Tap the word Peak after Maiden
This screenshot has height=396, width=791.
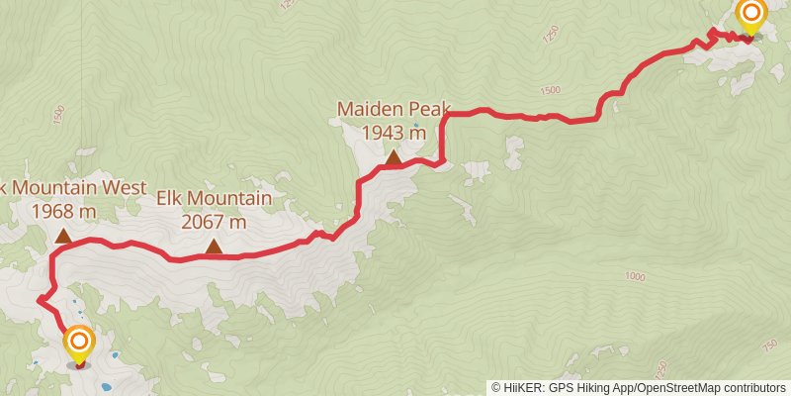pyautogui.click(x=422, y=108)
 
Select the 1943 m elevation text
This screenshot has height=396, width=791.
pyautogui.click(x=394, y=132)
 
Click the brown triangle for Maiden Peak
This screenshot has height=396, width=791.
pyautogui.click(x=394, y=156)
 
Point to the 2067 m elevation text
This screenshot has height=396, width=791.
pyautogui.click(x=214, y=222)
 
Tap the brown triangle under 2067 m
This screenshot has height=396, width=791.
pyautogui.click(x=214, y=247)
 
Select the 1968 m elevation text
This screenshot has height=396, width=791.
pyautogui.click(x=63, y=211)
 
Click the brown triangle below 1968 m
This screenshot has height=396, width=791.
pyautogui.click(x=62, y=236)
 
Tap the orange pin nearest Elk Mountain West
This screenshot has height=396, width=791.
pyautogui.click(x=79, y=344)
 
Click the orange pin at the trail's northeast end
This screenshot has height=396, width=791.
pyautogui.click(x=751, y=14)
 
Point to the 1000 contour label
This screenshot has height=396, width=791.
pyautogui.click(x=636, y=277)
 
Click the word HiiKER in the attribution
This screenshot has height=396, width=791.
pyautogui.click(x=523, y=387)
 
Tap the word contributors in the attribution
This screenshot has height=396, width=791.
pyautogui.click(x=752, y=387)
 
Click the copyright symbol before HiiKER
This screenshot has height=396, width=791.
pyautogui.click(x=495, y=387)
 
